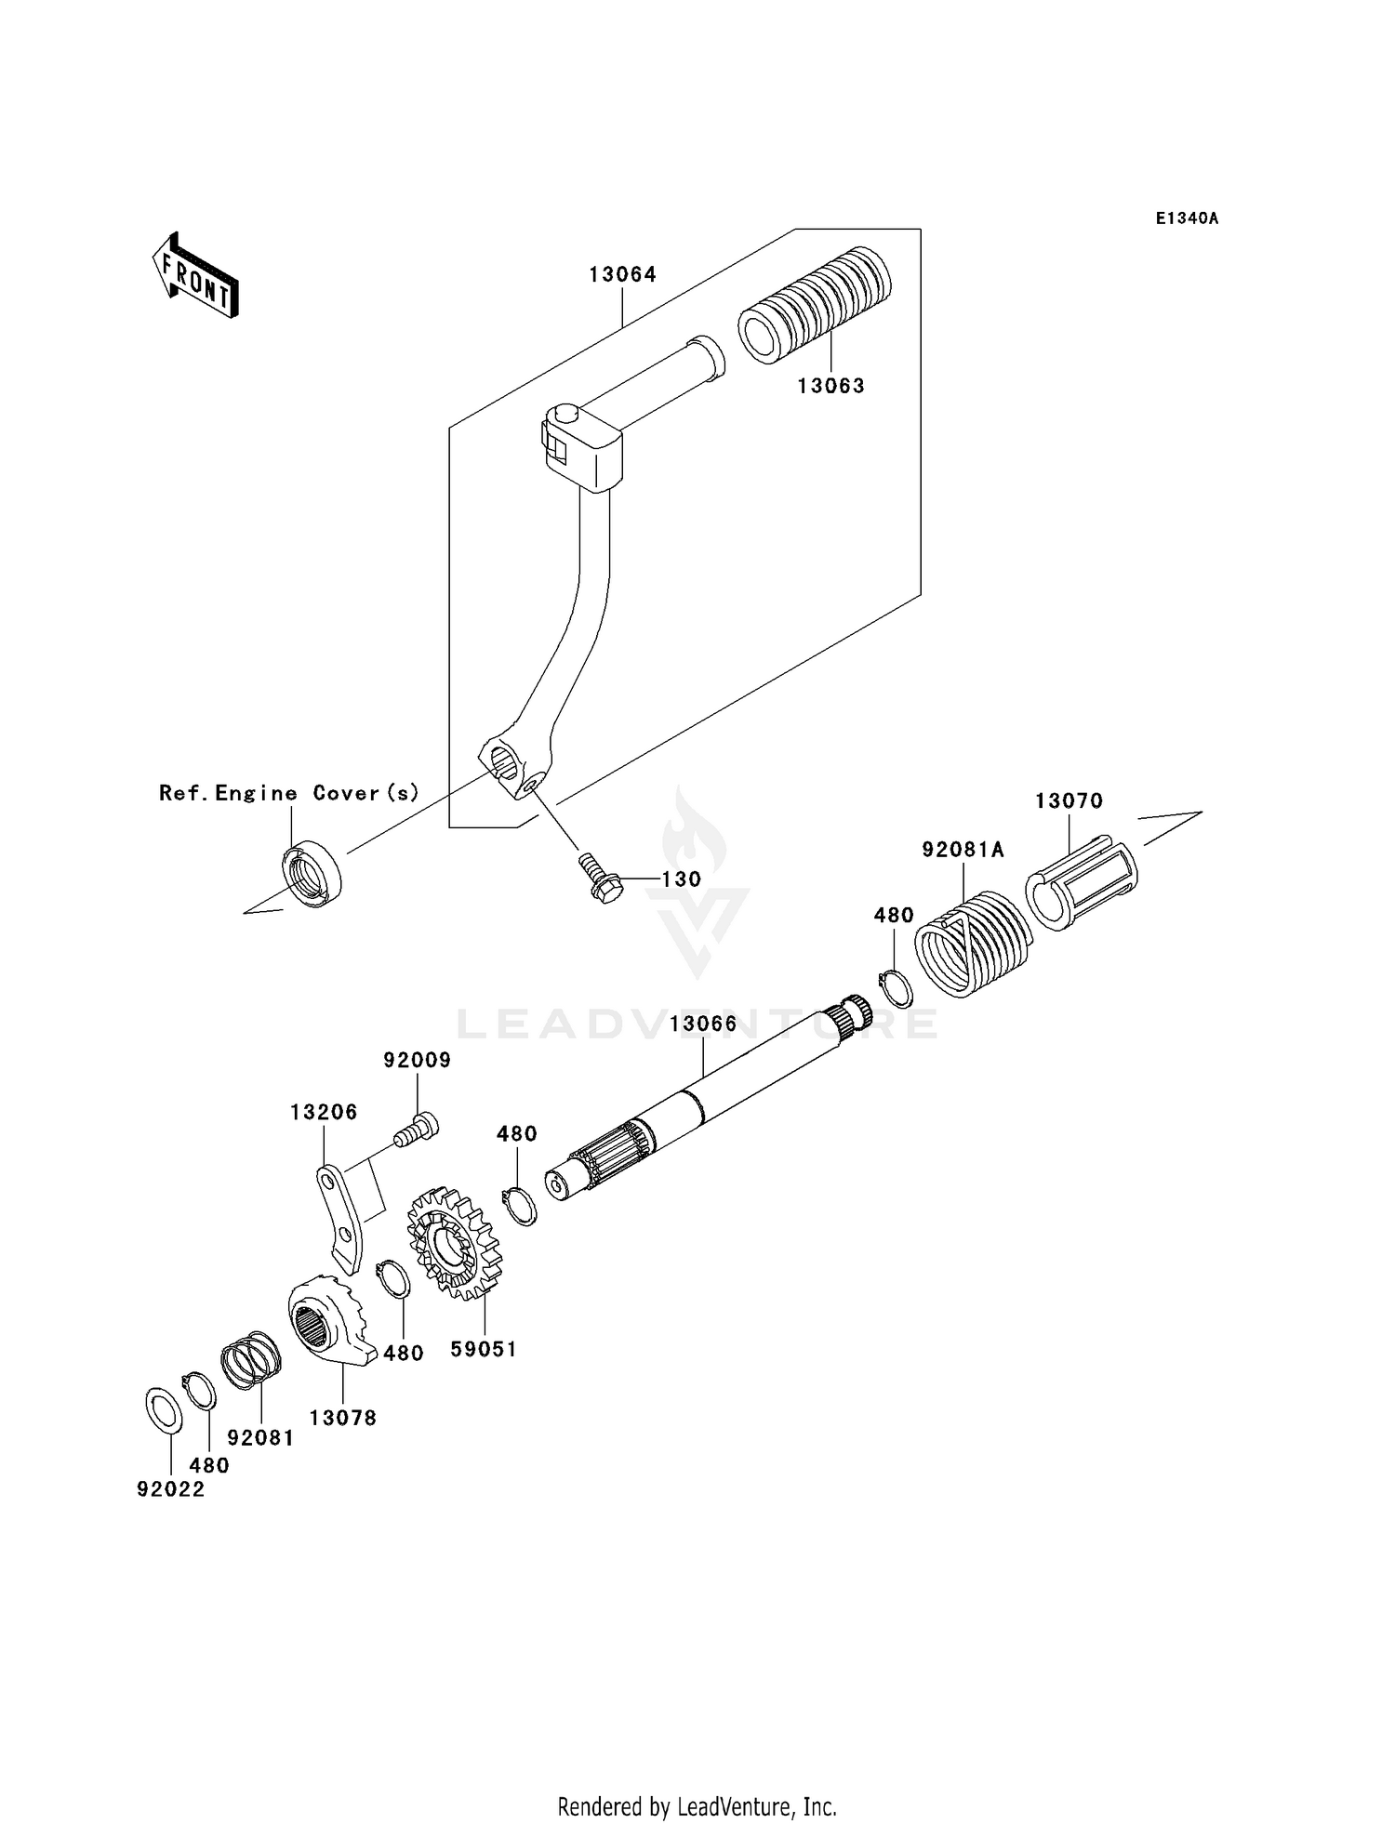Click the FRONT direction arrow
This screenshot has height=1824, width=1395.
[196, 277]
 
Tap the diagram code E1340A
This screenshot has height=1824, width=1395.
[1187, 218]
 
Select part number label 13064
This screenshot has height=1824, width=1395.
[622, 274]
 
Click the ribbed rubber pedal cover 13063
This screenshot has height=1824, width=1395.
[816, 306]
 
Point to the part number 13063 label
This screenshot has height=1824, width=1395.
[830, 386]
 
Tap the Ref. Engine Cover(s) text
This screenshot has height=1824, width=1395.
[289, 793]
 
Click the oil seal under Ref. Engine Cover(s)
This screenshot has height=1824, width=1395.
[312, 873]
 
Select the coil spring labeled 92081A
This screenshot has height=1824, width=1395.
[971, 945]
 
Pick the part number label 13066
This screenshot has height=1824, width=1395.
[702, 1024]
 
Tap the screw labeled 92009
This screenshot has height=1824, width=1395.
[416, 1130]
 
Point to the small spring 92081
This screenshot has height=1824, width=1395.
[251, 1361]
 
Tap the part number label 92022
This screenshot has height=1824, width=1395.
[170, 1489]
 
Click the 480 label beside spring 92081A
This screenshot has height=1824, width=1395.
[893, 915]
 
